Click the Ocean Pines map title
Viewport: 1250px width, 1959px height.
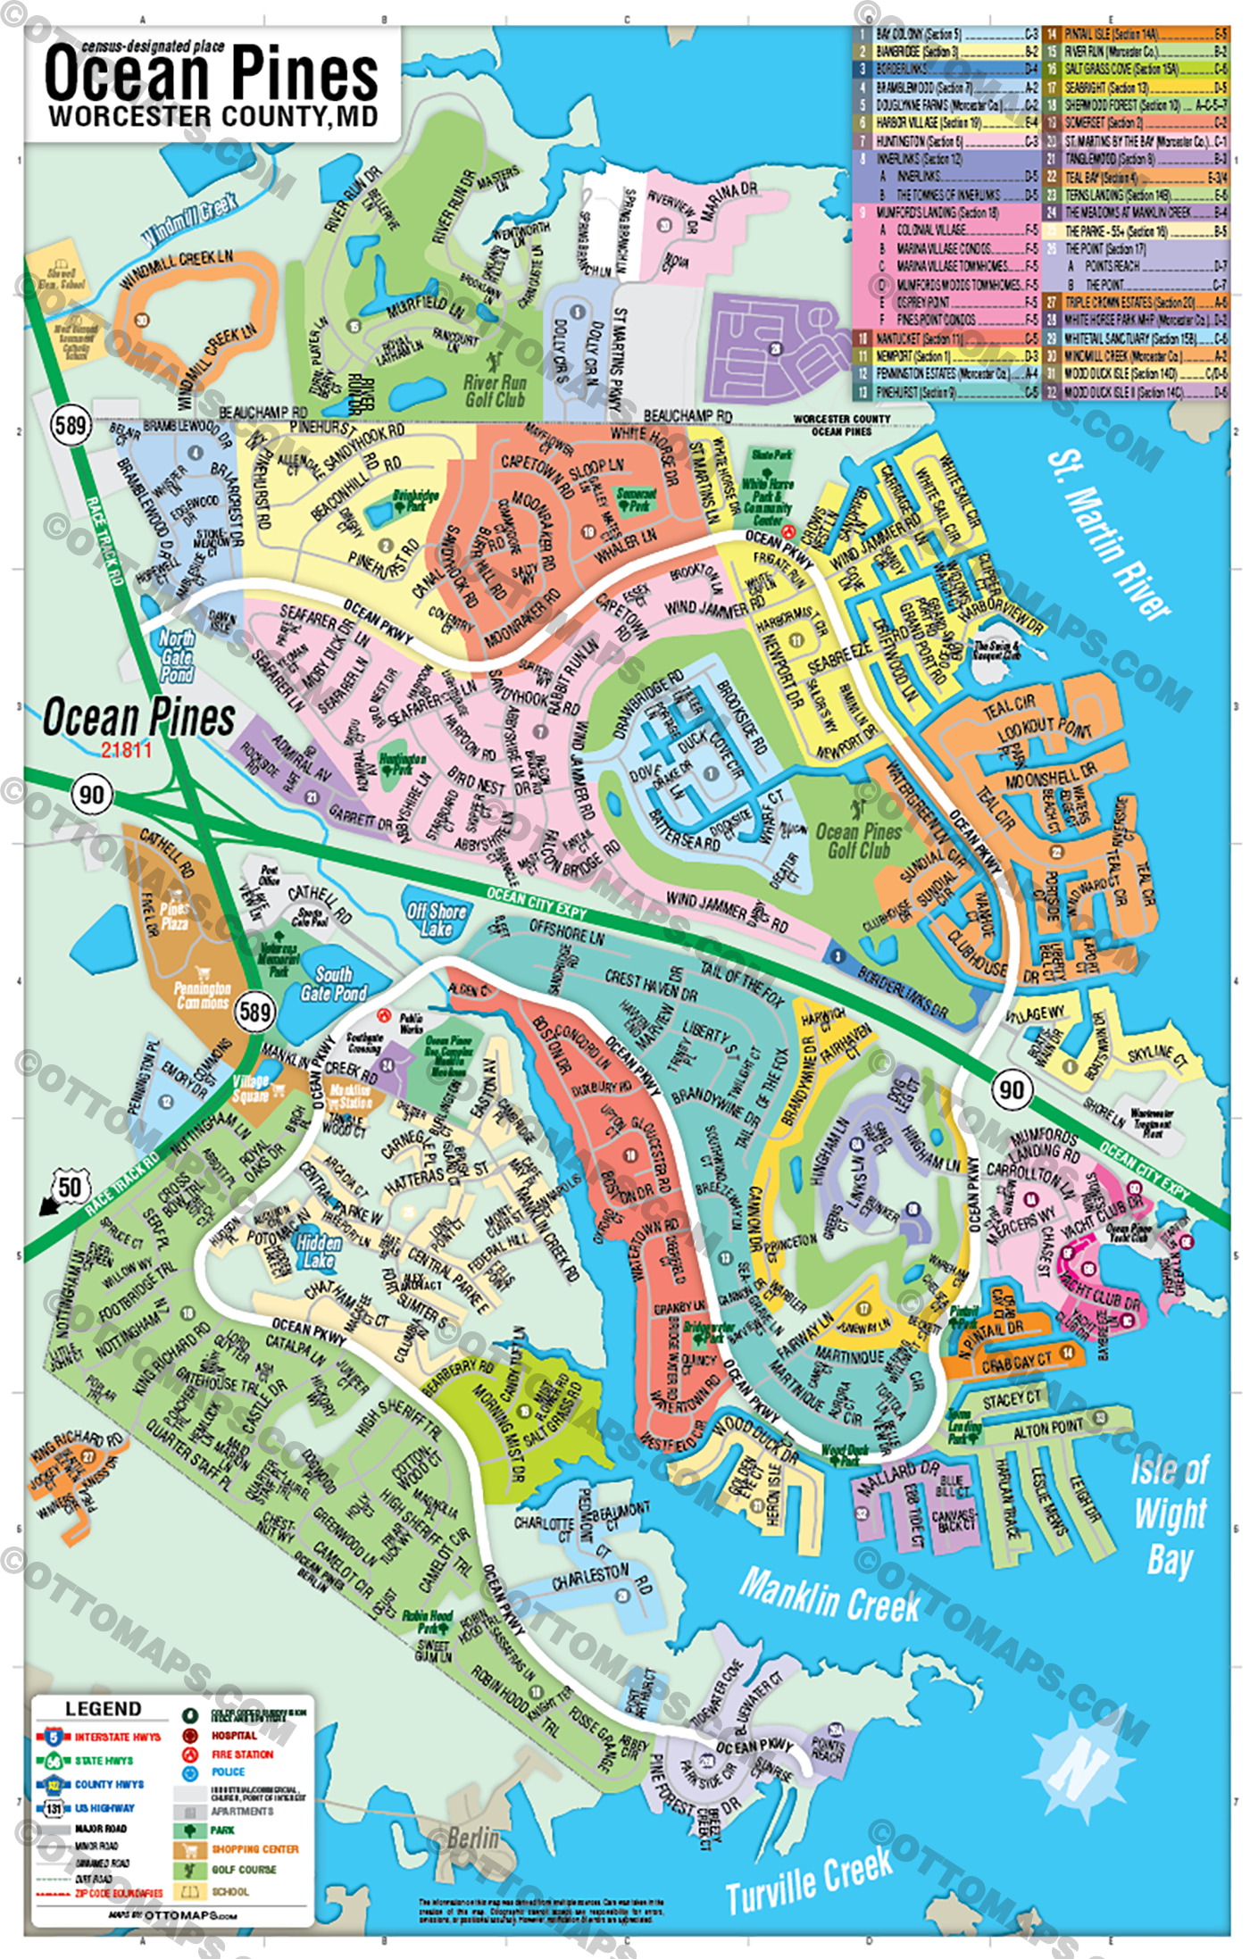(x=212, y=76)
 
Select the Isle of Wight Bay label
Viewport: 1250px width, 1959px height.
(x=1170, y=1514)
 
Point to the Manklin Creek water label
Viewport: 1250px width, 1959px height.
(x=829, y=1596)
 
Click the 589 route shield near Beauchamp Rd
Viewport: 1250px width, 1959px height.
(x=71, y=425)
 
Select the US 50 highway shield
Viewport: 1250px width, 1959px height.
(x=70, y=1188)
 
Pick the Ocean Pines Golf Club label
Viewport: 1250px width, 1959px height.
(x=858, y=841)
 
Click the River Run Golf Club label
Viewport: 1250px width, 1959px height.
(x=495, y=391)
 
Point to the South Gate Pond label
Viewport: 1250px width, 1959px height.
(x=333, y=984)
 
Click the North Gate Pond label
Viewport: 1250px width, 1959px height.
(x=177, y=656)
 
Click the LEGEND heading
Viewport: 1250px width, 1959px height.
(x=103, y=1709)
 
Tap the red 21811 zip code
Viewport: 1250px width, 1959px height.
(x=126, y=750)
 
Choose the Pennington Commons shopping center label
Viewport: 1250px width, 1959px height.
(x=202, y=995)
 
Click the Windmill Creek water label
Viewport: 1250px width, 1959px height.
(x=189, y=220)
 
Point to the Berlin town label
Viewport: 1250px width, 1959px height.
(x=472, y=1838)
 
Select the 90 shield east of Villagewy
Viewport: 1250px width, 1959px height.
(x=1011, y=1090)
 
